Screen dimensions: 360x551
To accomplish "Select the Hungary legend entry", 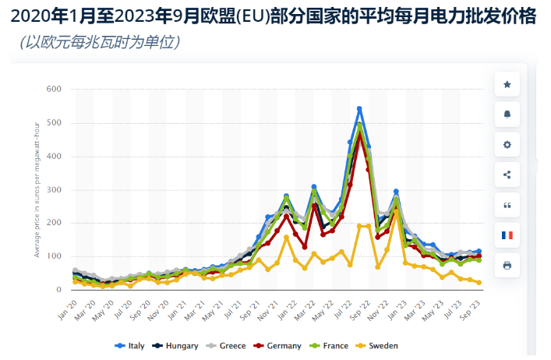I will pyautogui.click(x=180, y=346).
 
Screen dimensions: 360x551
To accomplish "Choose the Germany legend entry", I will pyautogui.click(x=284, y=346).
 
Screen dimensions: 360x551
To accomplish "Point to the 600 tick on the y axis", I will pyautogui.click(x=54, y=89).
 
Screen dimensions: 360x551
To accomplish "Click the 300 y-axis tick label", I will pyautogui.click(x=54, y=189).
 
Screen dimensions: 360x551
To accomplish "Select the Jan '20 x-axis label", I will pyautogui.click(x=68, y=302).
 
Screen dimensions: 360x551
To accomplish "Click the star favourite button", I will pyautogui.click(x=507, y=84).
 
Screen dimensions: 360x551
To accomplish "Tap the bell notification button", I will pyautogui.click(x=507, y=115).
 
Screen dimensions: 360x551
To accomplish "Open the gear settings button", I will pyautogui.click(x=507, y=145).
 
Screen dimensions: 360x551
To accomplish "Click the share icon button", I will pyautogui.click(x=507, y=175).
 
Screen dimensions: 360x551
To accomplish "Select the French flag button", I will pyautogui.click(x=507, y=235).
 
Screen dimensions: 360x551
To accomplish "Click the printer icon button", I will pyautogui.click(x=507, y=265).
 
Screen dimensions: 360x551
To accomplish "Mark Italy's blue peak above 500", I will pyautogui.click(x=359, y=108).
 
